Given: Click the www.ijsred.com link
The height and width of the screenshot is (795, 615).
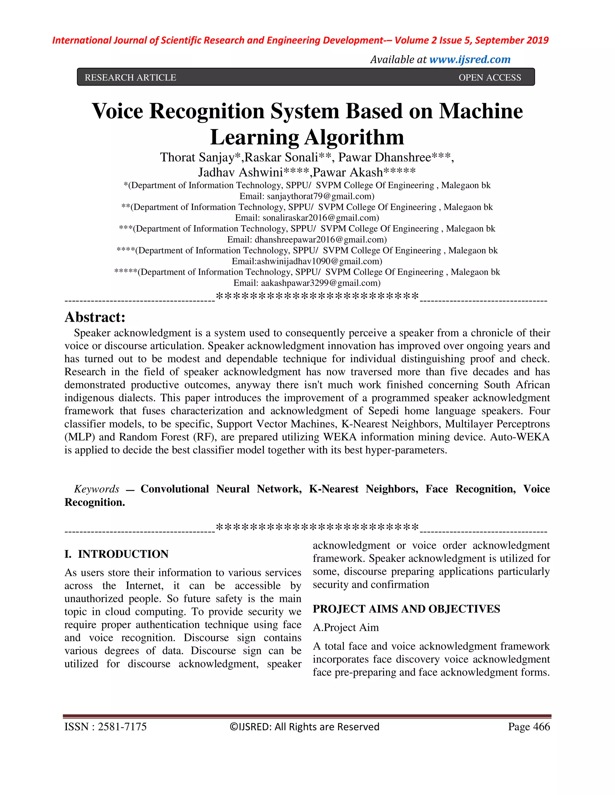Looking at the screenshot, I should coord(470,59).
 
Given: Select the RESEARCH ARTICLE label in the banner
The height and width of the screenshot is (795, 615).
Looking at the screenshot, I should coord(130,77).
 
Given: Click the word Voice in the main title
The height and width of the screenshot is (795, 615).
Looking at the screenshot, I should coord(117,111).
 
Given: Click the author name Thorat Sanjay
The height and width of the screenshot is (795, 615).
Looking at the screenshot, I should coord(200,157).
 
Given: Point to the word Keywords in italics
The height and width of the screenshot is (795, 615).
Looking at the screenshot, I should coord(97,489).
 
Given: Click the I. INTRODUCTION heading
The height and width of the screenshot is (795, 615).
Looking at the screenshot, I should coord(117,554).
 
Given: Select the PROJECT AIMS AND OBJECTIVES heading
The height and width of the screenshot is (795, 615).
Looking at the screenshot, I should coord(406,609).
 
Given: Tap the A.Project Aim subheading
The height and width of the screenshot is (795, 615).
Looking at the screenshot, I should coord(346,628).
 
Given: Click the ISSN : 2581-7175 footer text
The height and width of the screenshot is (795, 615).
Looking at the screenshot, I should coord(105,727).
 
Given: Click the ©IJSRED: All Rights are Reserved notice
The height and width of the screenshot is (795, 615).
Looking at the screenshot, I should coord(304,727).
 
